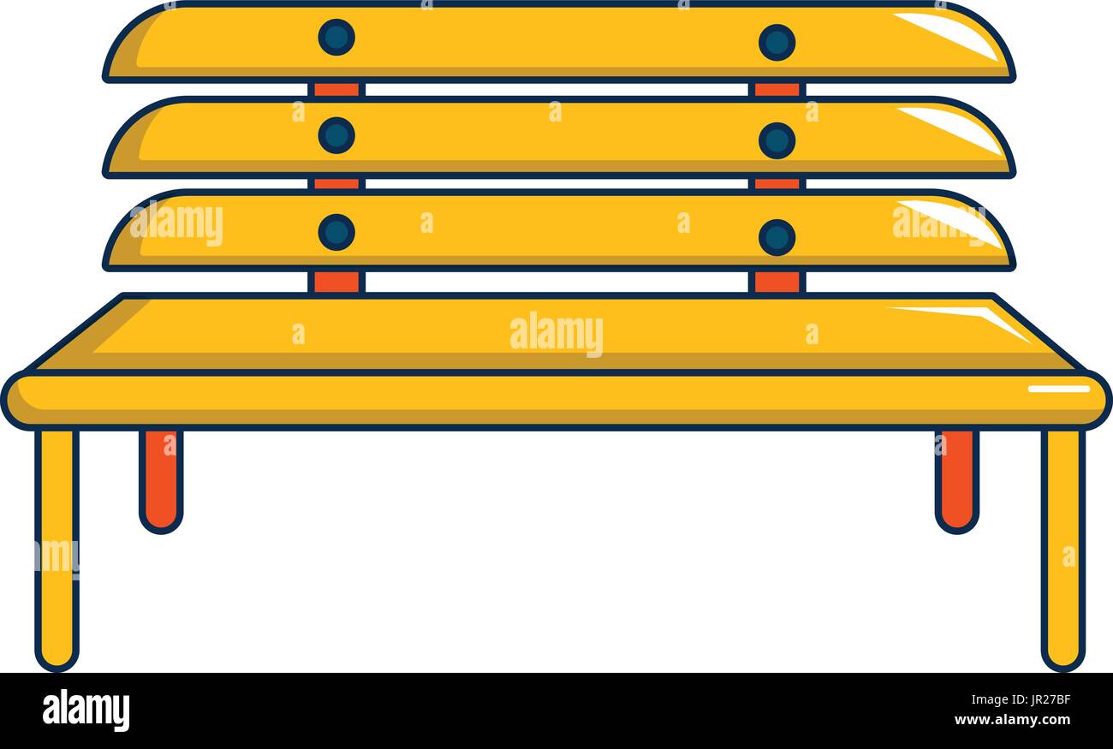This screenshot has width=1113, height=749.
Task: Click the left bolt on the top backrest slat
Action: click(x=336, y=38)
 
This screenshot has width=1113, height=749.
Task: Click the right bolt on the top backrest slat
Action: click(x=777, y=43)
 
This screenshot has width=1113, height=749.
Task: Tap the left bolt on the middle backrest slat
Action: click(x=336, y=135)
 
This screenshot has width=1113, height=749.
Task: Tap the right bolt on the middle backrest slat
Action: click(x=777, y=141)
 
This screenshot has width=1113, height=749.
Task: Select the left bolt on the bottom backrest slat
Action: click(x=336, y=233)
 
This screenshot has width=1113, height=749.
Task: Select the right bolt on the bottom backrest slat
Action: click(x=777, y=238)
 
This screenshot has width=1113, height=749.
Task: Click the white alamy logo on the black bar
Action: click(x=86, y=710)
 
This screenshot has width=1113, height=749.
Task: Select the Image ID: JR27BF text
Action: click(x=1021, y=700)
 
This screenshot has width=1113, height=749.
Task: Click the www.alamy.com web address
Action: click(x=1012, y=720)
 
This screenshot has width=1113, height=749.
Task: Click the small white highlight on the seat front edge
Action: click(x=1059, y=389)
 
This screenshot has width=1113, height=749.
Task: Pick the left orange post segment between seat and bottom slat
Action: click(x=336, y=282)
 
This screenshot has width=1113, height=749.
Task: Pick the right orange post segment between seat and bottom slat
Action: click(x=777, y=282)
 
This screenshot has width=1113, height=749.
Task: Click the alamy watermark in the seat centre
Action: click(x=556, y=334)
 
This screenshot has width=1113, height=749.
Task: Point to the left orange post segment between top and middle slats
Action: click(x=336, y=90)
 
